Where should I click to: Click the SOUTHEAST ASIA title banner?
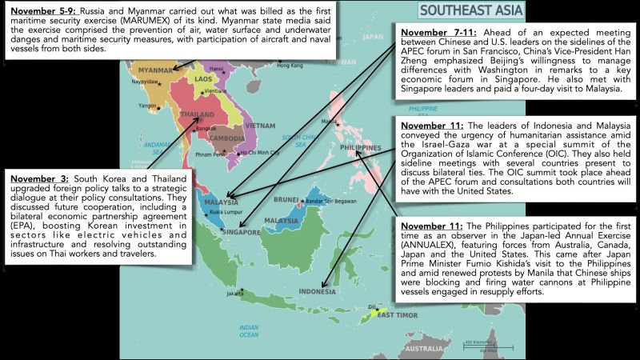[x=471, y=10]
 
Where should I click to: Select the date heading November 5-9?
[x=40, y=11]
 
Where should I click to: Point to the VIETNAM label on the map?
[x=261, y=126]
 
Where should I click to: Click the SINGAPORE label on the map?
[x=239, y=232]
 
